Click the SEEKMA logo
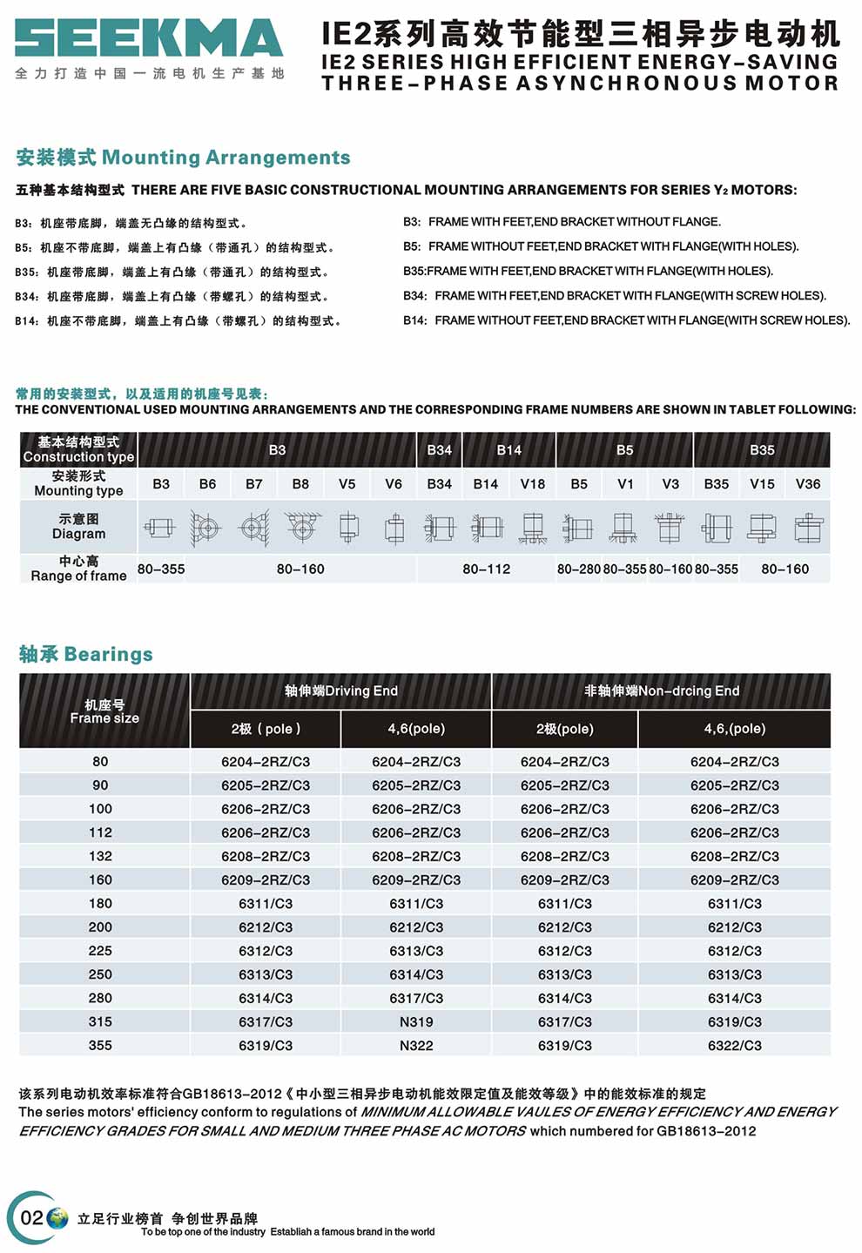[x=149, y=39]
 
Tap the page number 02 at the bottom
[x=31, y=1217]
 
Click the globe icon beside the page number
[x=57, y=1217]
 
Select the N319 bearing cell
[x=416, y=1021]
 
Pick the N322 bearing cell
[x=416, y=1045]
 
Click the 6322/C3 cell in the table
[x=734, y=1045]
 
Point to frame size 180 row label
[x=100, y=903]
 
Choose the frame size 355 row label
[x=100, y=1045]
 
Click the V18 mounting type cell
[x=532, y=484]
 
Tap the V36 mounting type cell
[x=807, y=484]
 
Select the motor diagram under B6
[x=207, y=528]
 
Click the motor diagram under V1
[x=624, y=528]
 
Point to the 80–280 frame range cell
[x=579, y=569]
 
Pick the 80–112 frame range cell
[x=486, y=569]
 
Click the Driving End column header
[x=340, y=690]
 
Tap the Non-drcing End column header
[x=661, y=690]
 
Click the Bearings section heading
[x=85, y=654]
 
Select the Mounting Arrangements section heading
[x=183, y=158]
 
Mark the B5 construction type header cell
[x=624, y=450]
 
